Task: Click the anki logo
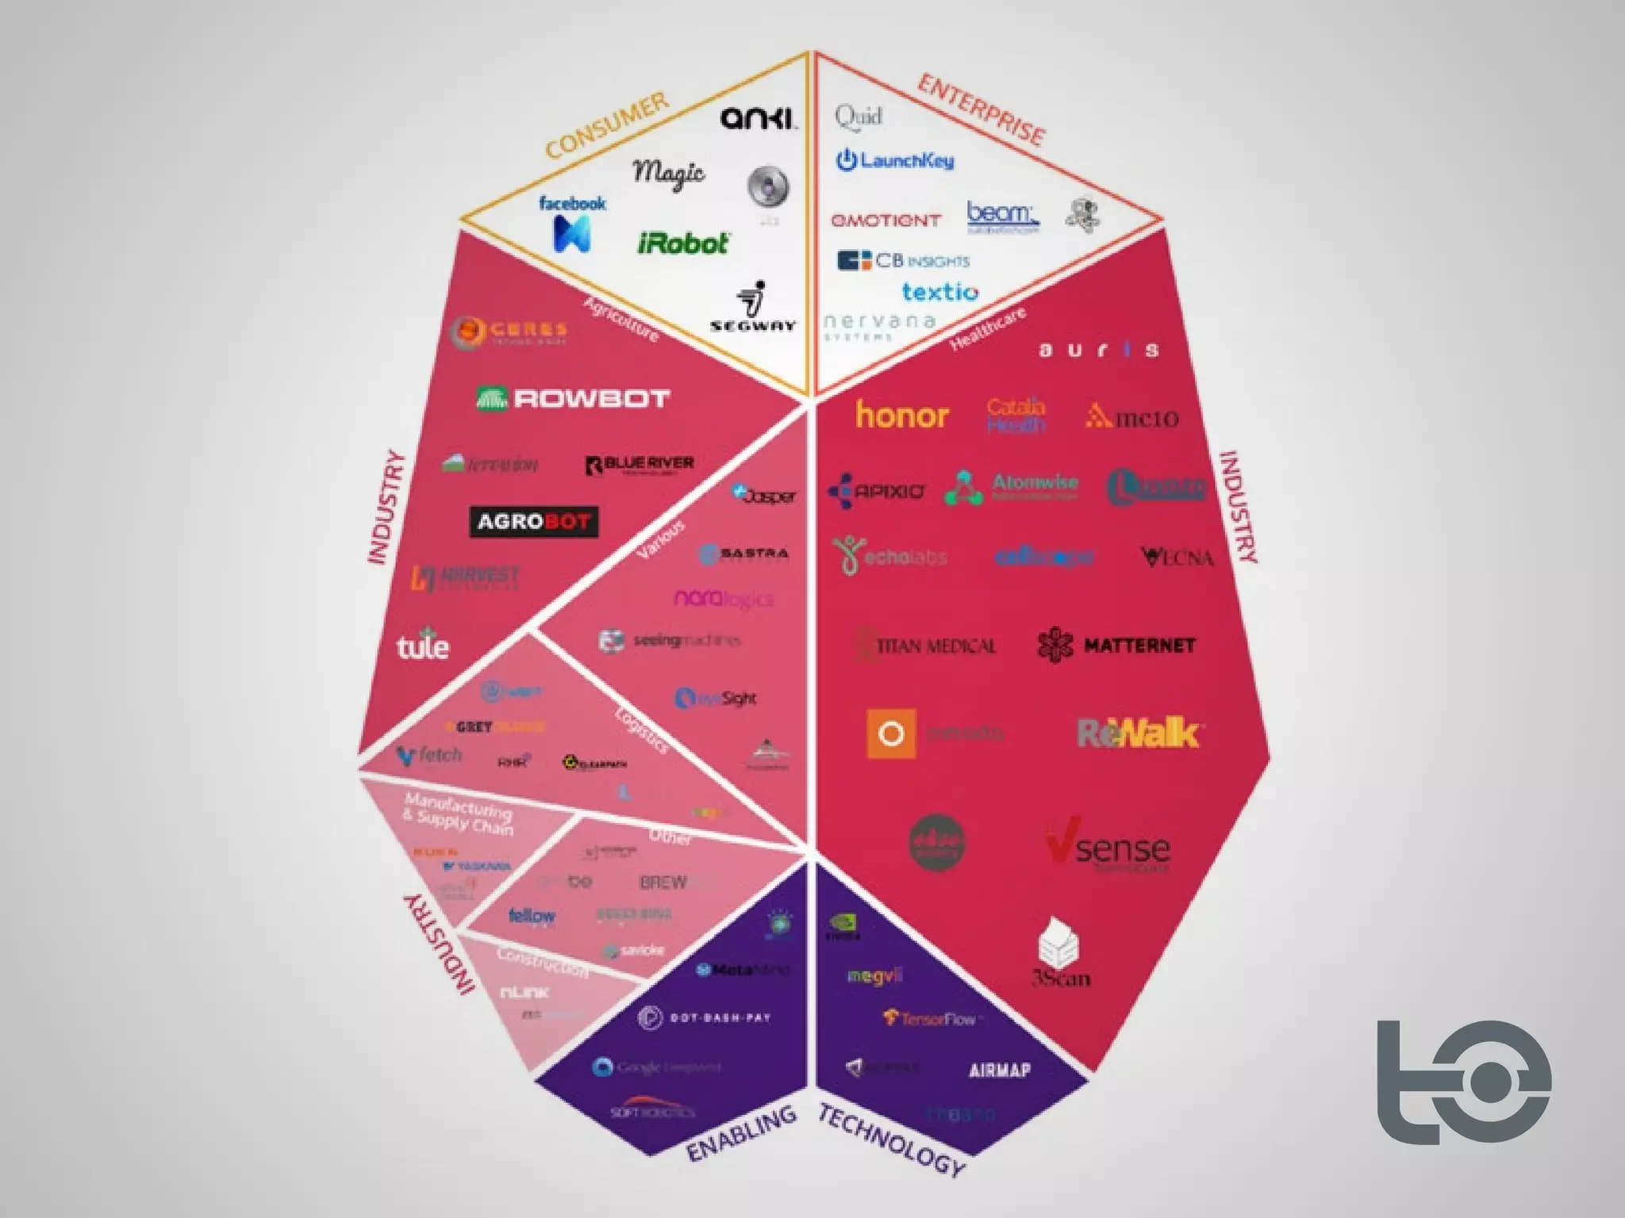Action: point(758,118)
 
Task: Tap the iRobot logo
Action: point(682,243)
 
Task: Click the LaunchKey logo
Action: point(895,160)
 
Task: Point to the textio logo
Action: point(940,292)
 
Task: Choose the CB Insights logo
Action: point(903,261)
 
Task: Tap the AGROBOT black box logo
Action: point(533,522)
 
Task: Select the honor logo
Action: point(902,415)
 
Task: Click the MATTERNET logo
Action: point(1116,645)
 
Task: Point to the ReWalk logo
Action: point(1138,733)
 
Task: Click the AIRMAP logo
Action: point(1000,1071)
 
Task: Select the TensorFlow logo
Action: point(930,1018)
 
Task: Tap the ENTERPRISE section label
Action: point(981,109)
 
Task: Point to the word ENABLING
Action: point(741,1133)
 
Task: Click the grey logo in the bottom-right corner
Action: point(1463,1082)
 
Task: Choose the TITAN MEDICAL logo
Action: point(927,646)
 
